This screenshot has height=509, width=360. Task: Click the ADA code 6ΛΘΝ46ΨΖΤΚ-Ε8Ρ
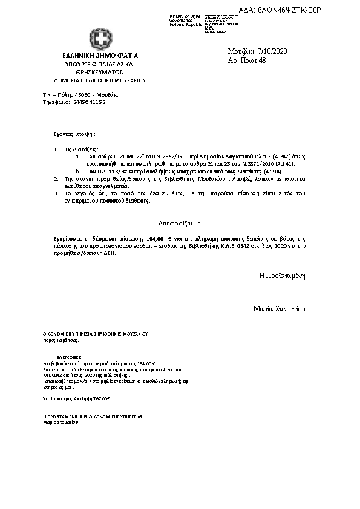click(298, 11)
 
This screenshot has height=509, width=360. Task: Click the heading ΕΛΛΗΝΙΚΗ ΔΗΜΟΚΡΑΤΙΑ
click(100, 56)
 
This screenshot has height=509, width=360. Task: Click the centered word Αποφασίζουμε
click(180, 223)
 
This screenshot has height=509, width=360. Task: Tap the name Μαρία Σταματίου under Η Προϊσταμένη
click(279, 309)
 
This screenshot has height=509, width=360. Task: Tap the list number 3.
click(55, 193)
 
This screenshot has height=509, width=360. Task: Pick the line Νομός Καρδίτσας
click(61, 340)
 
